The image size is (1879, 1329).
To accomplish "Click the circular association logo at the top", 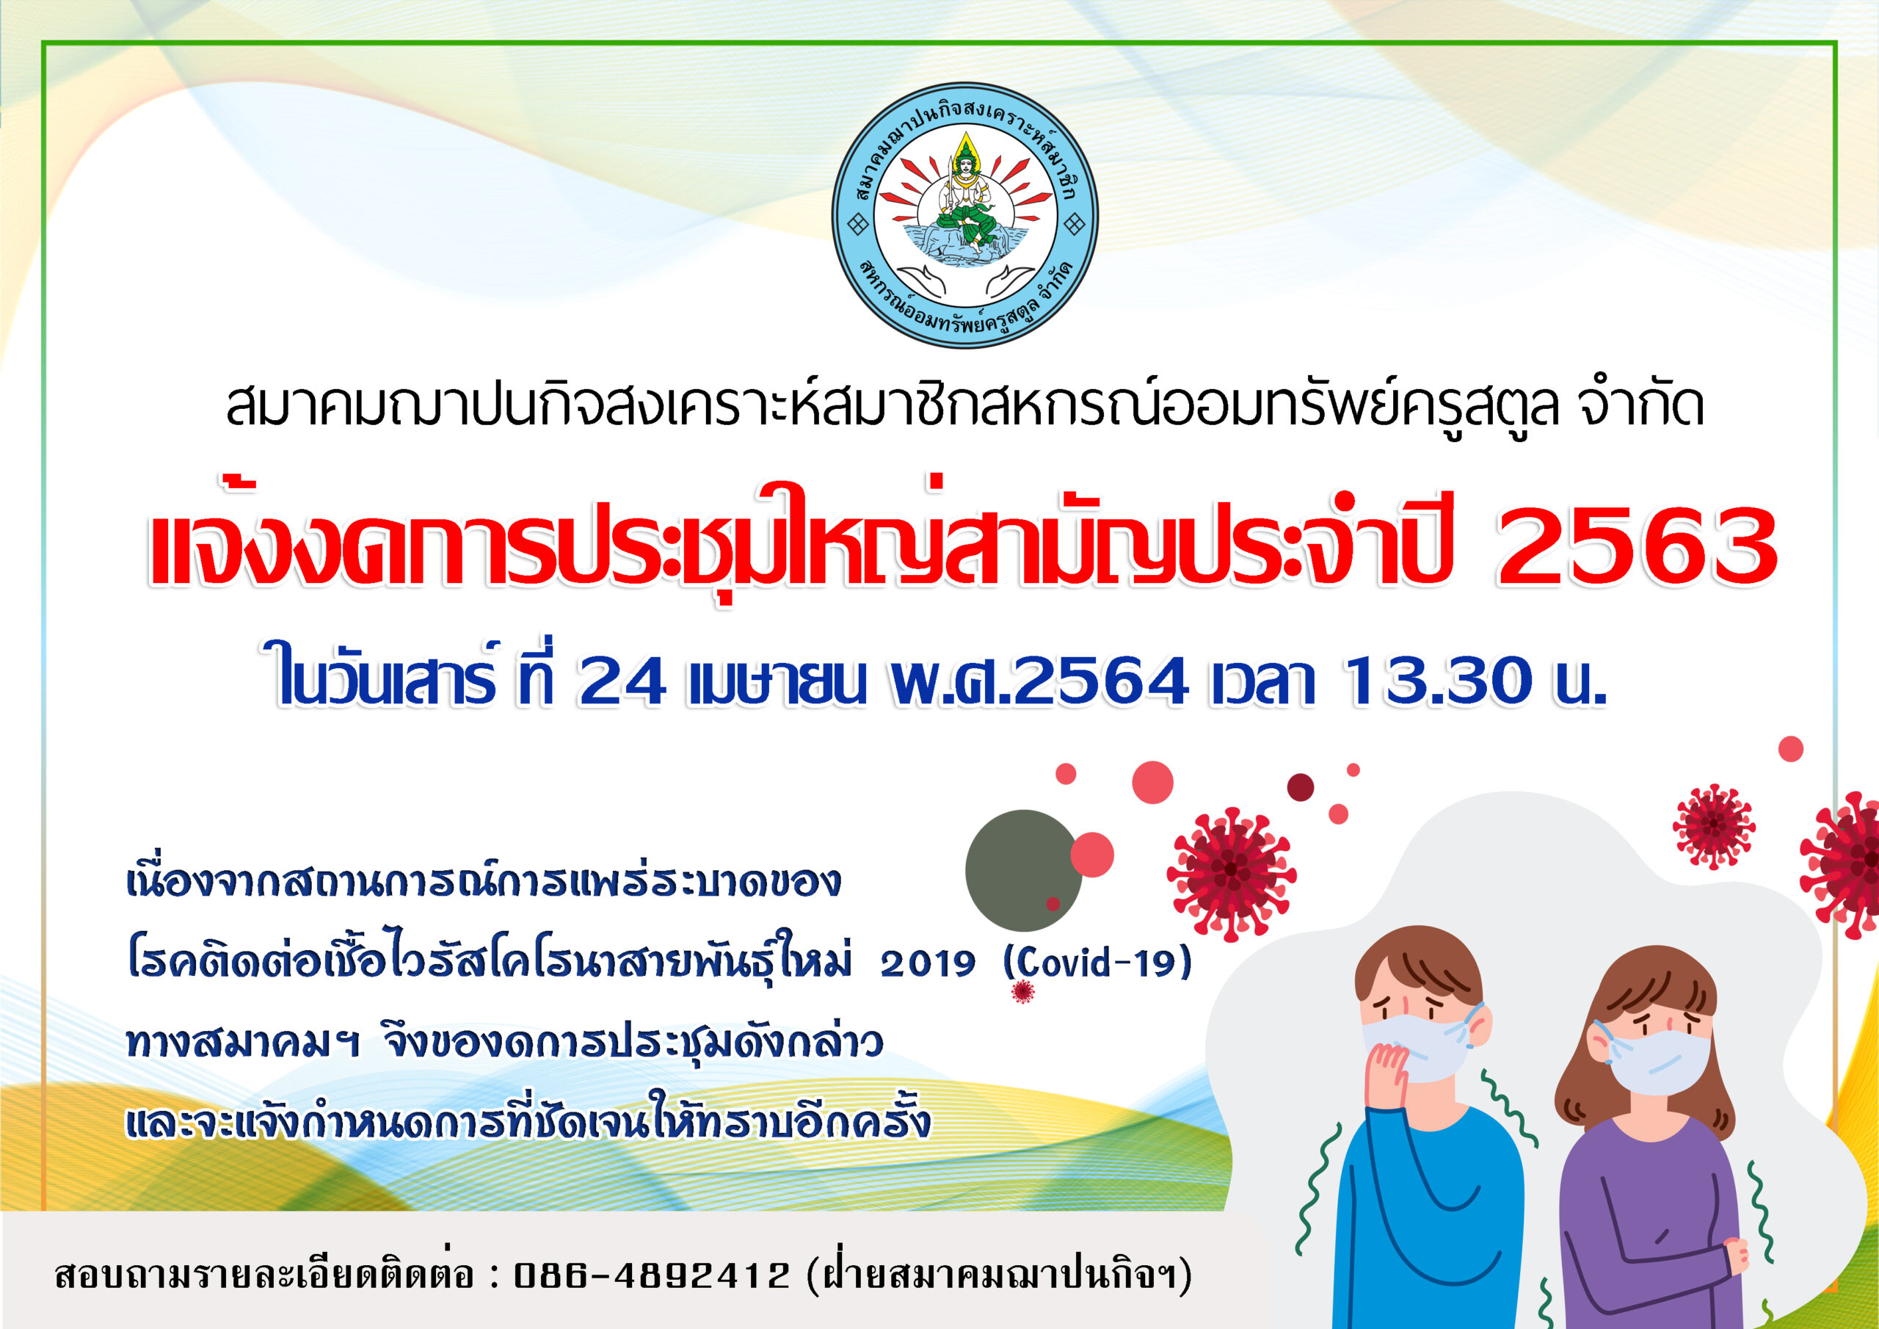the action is click(x=965, y=215).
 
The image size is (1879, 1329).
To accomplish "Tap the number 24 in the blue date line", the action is click(x=621, y=681).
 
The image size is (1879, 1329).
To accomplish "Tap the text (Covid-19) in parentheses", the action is click(x=1097, y=963).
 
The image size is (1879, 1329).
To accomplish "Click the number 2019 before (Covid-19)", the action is click(x=928, y=965).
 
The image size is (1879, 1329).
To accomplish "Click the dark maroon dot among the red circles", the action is click(x=1301, y=787).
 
